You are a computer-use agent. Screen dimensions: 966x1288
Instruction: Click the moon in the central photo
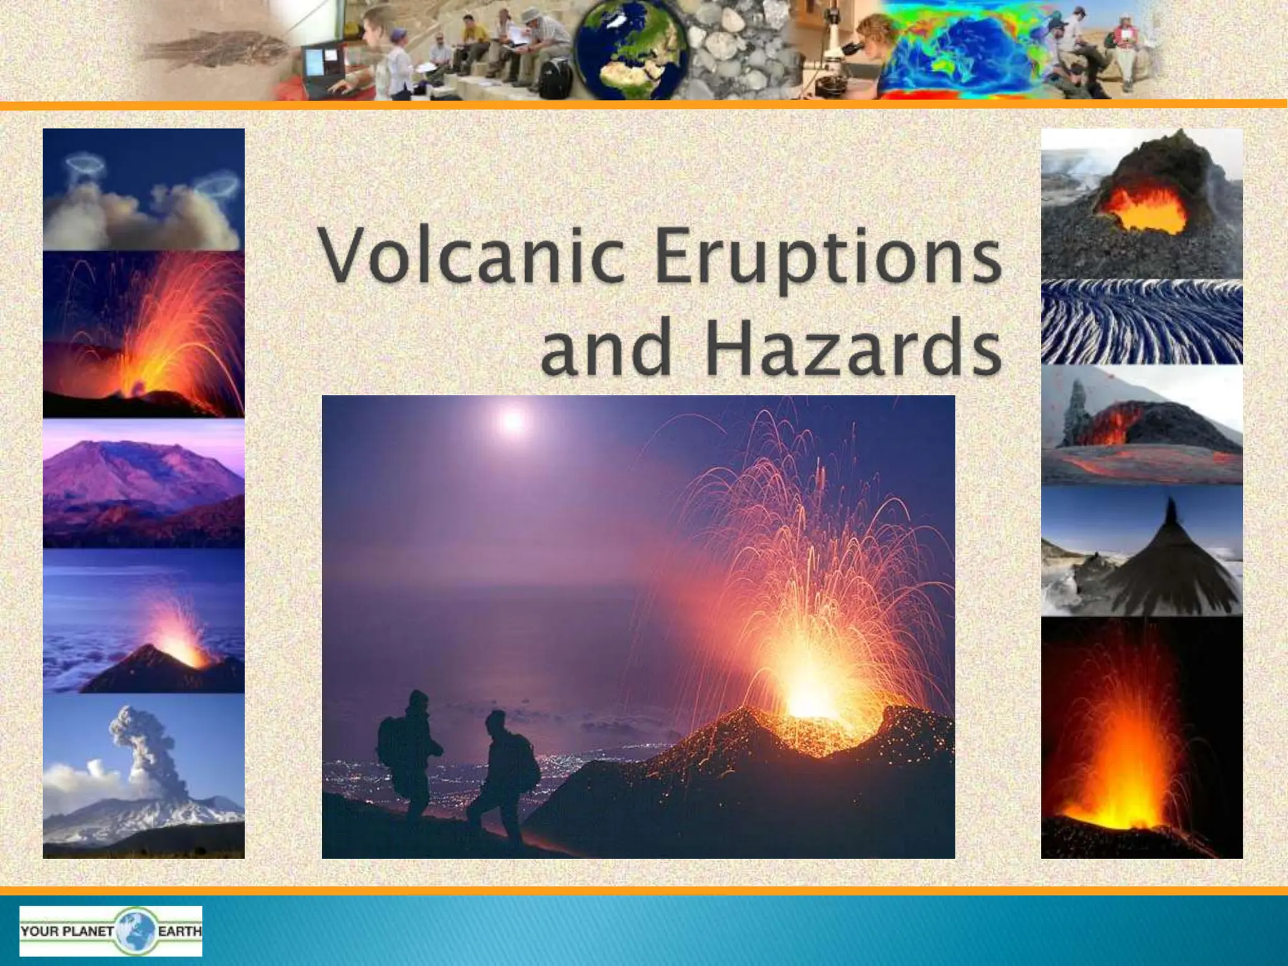[513, 421]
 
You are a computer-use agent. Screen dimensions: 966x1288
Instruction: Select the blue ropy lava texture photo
[1141, 322]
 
